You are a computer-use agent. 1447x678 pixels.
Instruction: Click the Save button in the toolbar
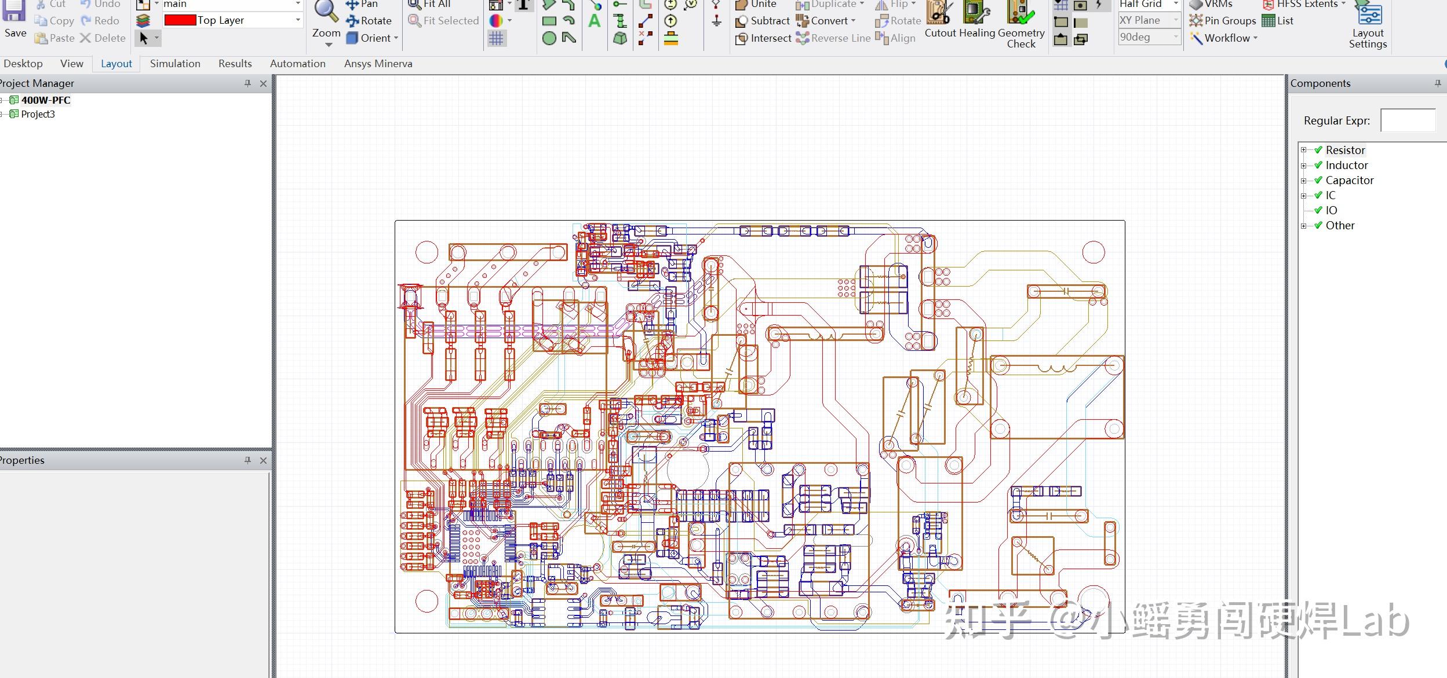tap(14, 20)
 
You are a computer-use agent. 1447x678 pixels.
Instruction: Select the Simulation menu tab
tap(175, 64)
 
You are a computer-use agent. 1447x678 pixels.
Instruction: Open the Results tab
tap(235, 64)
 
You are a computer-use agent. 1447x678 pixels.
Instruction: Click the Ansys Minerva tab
tap(378, 64)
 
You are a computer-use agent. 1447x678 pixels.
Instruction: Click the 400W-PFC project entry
tap(46, 100)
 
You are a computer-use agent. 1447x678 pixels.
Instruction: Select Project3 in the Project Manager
tap(38, 114)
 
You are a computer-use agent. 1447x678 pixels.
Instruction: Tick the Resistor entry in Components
tap(1318, 150)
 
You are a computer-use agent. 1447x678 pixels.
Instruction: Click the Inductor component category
tap(1346, 165)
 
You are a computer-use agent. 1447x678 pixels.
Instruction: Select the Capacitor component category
tap(1349, 180)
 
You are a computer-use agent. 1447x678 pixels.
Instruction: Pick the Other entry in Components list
tap(1340, 225)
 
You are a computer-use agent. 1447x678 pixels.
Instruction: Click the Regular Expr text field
tap(1408, 120)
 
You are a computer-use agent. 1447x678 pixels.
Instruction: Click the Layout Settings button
tap(1368, 26)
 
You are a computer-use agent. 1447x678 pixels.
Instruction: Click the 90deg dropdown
tap(1149, 37)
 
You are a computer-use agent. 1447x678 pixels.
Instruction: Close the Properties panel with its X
tap(263, 460)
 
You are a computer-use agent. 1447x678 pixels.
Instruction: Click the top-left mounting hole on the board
tap(427, 252)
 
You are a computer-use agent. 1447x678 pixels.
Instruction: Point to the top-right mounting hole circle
tap(1094, 252)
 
